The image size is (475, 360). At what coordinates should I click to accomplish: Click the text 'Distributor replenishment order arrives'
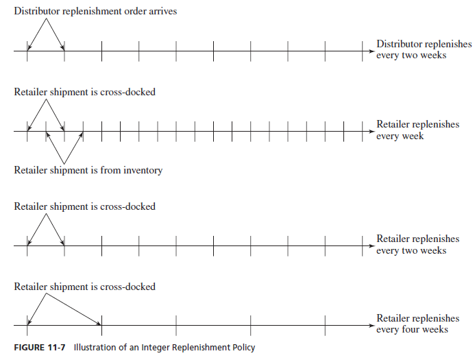pyautogui.click(x=95, y=12)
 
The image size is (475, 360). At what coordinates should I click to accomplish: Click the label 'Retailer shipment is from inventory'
pyautogui.click(x=88, y=170)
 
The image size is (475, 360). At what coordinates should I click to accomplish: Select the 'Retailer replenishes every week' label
pyautogui.click(x=417, y=130)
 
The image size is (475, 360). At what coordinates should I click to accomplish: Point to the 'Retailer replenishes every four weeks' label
pyautogui.click(x=417, y=324)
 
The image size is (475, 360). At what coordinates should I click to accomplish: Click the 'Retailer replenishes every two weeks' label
pyautogui.click(x=417, y=245)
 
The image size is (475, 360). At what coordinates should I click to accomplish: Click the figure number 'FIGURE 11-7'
pyautogui.click(x=40, y=348)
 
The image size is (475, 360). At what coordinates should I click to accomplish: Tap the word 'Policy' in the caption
pyautogui.click(x=241, y=348)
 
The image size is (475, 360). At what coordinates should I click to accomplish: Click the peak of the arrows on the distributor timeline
pyautogui.click(x=46, y=19)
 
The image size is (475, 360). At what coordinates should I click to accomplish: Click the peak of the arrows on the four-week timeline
pyautogui.click(x=46, y=294)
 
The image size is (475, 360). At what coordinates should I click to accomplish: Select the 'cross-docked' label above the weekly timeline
pyautogui.click(x=127, y=92)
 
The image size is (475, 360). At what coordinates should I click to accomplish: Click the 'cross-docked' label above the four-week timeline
pyautogui.click(x=127, y=287)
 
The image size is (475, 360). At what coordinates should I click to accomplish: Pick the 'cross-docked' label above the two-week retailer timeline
pyautogui.click(x=127, y=206)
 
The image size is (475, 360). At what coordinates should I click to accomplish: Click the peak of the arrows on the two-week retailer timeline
pyautogui.click(x=46, y=214)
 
